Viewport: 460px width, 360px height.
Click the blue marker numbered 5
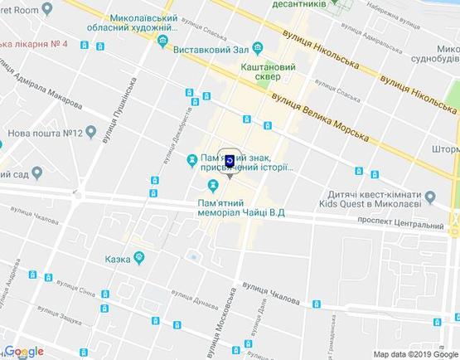pyautogui.click(x=229, y=161)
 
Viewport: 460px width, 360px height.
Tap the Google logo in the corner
pyautogui.click(x=23, y=352)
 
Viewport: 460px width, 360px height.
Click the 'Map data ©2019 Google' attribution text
pyautogui.click(x=414, y=354)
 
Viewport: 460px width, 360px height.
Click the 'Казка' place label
pyautogui.click(x=118, y=259)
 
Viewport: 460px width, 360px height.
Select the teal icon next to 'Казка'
pyautogui.click(x=140, y=259)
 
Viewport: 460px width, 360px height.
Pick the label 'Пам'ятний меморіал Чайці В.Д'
pyautogui.click(x=241, y=208)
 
